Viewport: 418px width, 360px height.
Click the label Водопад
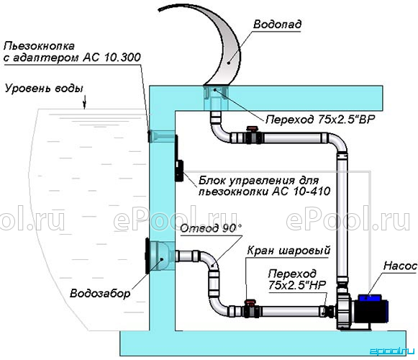[277, 24]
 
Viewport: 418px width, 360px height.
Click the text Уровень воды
[45, 89]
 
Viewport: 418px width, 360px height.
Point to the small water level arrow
[85, 104]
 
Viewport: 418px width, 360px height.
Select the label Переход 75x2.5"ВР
[320, 120]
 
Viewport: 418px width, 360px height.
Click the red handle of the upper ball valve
[252, 129]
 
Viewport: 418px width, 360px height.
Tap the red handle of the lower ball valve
[250, 302]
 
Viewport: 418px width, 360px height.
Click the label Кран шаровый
[288, 251]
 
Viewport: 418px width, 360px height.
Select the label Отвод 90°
[211, 228]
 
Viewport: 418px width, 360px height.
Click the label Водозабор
[100, 294]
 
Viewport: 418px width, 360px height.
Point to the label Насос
[400, 266]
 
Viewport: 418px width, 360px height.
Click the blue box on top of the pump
[370, 298]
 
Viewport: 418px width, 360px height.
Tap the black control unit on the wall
[179, 166]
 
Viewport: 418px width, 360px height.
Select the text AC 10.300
[112, 58]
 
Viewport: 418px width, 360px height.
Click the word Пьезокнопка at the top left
[39, 46]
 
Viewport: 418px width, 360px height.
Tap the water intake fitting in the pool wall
[160, 256]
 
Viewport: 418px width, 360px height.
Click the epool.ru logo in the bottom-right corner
[392, 351]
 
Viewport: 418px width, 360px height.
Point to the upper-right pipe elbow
[338, 142]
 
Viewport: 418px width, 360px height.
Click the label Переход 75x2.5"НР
[297, 279]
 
